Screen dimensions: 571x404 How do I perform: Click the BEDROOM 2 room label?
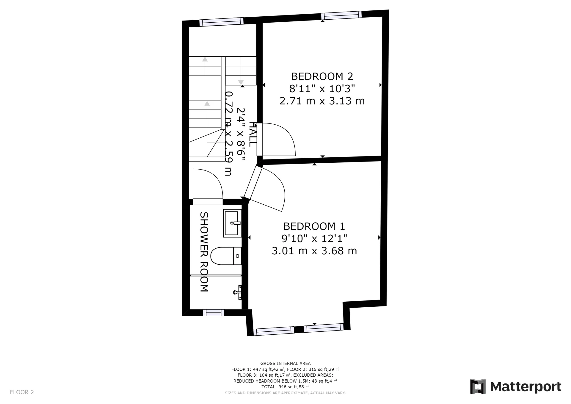322,76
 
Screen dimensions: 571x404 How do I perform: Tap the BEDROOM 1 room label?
314,226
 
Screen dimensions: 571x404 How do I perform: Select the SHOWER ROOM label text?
204,252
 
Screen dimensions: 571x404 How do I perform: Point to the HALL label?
252,134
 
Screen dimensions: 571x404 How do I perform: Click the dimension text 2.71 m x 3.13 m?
322,101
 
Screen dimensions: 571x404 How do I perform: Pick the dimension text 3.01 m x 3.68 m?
314,251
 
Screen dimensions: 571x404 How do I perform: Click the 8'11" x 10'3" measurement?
322,89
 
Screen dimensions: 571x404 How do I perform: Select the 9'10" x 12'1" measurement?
314,239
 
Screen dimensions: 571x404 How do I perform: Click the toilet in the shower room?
226,256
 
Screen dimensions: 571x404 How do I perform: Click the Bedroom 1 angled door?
264,189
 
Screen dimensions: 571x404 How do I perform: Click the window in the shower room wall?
214,313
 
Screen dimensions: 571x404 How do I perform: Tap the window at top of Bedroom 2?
341,15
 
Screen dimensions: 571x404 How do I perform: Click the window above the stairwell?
221,22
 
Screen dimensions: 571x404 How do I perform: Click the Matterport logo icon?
478,386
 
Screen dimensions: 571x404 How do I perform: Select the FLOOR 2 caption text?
22,392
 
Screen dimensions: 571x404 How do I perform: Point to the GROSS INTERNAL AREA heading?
285,363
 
